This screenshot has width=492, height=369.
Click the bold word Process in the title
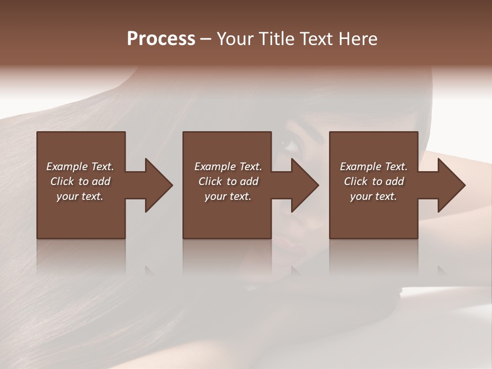tap(161, 39)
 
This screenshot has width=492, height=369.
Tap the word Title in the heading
tap(276, 39)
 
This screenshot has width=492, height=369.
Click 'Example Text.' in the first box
tap(80, 167)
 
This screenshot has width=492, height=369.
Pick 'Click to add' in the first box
tap(80, 181)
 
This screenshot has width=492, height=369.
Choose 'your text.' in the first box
tap(80, 196)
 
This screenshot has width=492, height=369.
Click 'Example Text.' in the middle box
tap(228, 167)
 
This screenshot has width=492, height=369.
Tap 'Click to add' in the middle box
tap(228, 181)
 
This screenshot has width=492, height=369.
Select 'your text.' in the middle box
tap(228, 196)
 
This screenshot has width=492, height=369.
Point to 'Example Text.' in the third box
tap(374, 167)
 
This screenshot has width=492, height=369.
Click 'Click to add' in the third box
tap(374, 181)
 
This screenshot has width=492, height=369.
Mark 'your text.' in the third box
tap(374, 196)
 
